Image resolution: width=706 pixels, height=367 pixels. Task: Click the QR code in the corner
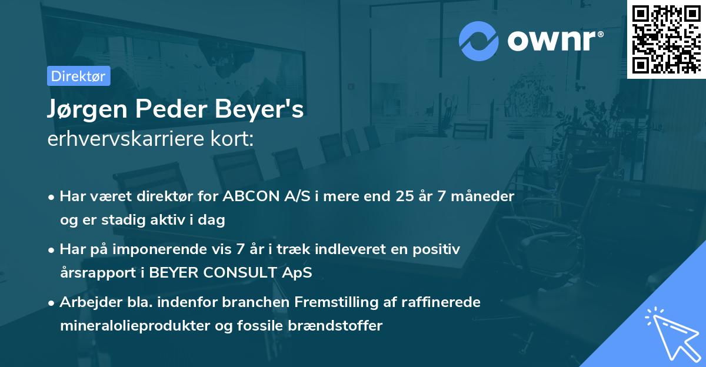[666, 39]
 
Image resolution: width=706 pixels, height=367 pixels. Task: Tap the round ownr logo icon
[479, 41]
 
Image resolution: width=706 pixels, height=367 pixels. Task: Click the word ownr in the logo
[554, 40]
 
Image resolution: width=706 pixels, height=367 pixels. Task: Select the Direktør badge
[78, 76]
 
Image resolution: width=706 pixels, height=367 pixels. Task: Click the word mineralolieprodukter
[132, 326]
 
